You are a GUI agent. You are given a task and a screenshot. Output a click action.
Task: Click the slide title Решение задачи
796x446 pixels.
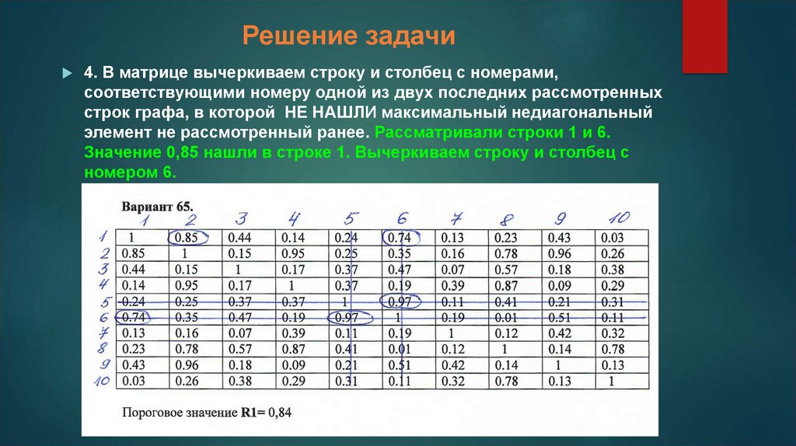coord(347,37)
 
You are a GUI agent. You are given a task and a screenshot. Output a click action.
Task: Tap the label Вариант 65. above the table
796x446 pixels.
coord(155,206)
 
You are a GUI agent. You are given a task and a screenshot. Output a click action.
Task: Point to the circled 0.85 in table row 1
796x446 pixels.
coord(187,238)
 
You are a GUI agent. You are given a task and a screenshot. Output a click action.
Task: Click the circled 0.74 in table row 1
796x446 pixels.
coord(400,238)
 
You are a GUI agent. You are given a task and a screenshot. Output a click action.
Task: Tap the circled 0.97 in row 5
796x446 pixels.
coord(400,301)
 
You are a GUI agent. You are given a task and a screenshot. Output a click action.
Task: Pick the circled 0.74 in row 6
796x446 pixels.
coord(131,317)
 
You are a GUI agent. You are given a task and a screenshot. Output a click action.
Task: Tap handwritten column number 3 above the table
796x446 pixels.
coord(241,219)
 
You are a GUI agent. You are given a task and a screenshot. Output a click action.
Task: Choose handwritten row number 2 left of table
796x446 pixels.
coord(104,253)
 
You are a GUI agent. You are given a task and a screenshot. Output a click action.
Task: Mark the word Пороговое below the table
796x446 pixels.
coord(152,412)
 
